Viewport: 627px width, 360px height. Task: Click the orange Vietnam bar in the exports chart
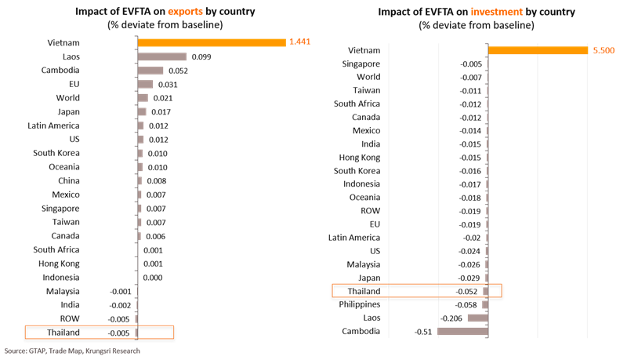click(x=211, y=42)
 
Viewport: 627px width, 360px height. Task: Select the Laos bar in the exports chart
click(x=161, y=56)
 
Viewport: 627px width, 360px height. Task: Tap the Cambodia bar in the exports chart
click(x=150, y=71)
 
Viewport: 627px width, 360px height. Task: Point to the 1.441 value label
click(x=300, y=42)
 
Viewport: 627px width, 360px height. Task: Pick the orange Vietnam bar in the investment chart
click(x=538, y=50)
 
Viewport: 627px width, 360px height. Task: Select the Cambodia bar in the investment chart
click(x=462, y=332)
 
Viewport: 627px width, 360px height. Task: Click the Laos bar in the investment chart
click(x=477, y=318)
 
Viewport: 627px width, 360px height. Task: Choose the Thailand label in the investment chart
click(x=364, y=291)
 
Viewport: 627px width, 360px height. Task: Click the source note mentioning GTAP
click(x=63, y=351)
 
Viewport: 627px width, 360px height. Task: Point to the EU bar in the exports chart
click(x=145, y=84)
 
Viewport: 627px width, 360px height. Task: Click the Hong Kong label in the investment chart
click(x=361, y=157)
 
